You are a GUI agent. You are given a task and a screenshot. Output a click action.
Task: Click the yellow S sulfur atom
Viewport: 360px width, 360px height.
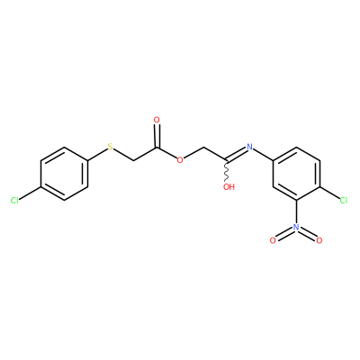(111, 147)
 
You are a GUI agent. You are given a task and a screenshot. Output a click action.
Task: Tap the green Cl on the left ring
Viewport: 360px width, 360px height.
(14, 201)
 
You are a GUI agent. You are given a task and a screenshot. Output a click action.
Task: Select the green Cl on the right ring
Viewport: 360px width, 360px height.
(343, 200)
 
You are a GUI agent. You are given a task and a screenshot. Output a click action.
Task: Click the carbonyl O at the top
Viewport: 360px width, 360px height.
(157, 120)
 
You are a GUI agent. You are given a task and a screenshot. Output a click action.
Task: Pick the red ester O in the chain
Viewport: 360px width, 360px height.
(180, 160)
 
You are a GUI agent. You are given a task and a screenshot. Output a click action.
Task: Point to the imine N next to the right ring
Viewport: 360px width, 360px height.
(249, 147)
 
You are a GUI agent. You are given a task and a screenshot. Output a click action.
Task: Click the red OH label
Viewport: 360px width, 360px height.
(229, 187)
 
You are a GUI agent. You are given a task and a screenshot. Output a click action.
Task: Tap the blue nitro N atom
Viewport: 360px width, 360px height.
(296, 227)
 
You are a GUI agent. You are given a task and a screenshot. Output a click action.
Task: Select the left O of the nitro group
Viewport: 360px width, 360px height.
(273, 240)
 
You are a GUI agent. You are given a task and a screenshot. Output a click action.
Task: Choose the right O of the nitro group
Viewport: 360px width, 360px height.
(319, 240)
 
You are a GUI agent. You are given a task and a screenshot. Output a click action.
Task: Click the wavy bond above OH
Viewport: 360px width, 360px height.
(227, 172)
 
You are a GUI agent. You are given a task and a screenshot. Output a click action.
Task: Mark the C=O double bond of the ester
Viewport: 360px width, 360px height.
(157, 136)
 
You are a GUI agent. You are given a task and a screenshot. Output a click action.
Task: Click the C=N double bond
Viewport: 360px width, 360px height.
(237, 155)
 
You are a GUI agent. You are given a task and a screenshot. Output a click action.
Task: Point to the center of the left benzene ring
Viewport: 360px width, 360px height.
(64, 174)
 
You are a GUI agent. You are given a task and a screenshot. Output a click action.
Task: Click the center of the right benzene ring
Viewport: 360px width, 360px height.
(296, 174)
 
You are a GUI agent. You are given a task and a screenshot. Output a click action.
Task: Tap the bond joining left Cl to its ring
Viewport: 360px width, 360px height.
(30, 193)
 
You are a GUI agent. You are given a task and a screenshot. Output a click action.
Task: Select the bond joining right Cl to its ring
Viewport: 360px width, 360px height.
(329, 193)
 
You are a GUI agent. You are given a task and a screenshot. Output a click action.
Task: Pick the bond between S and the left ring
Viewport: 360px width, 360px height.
(97, 154)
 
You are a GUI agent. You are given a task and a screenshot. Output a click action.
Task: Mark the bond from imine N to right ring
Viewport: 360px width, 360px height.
(263, 155)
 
